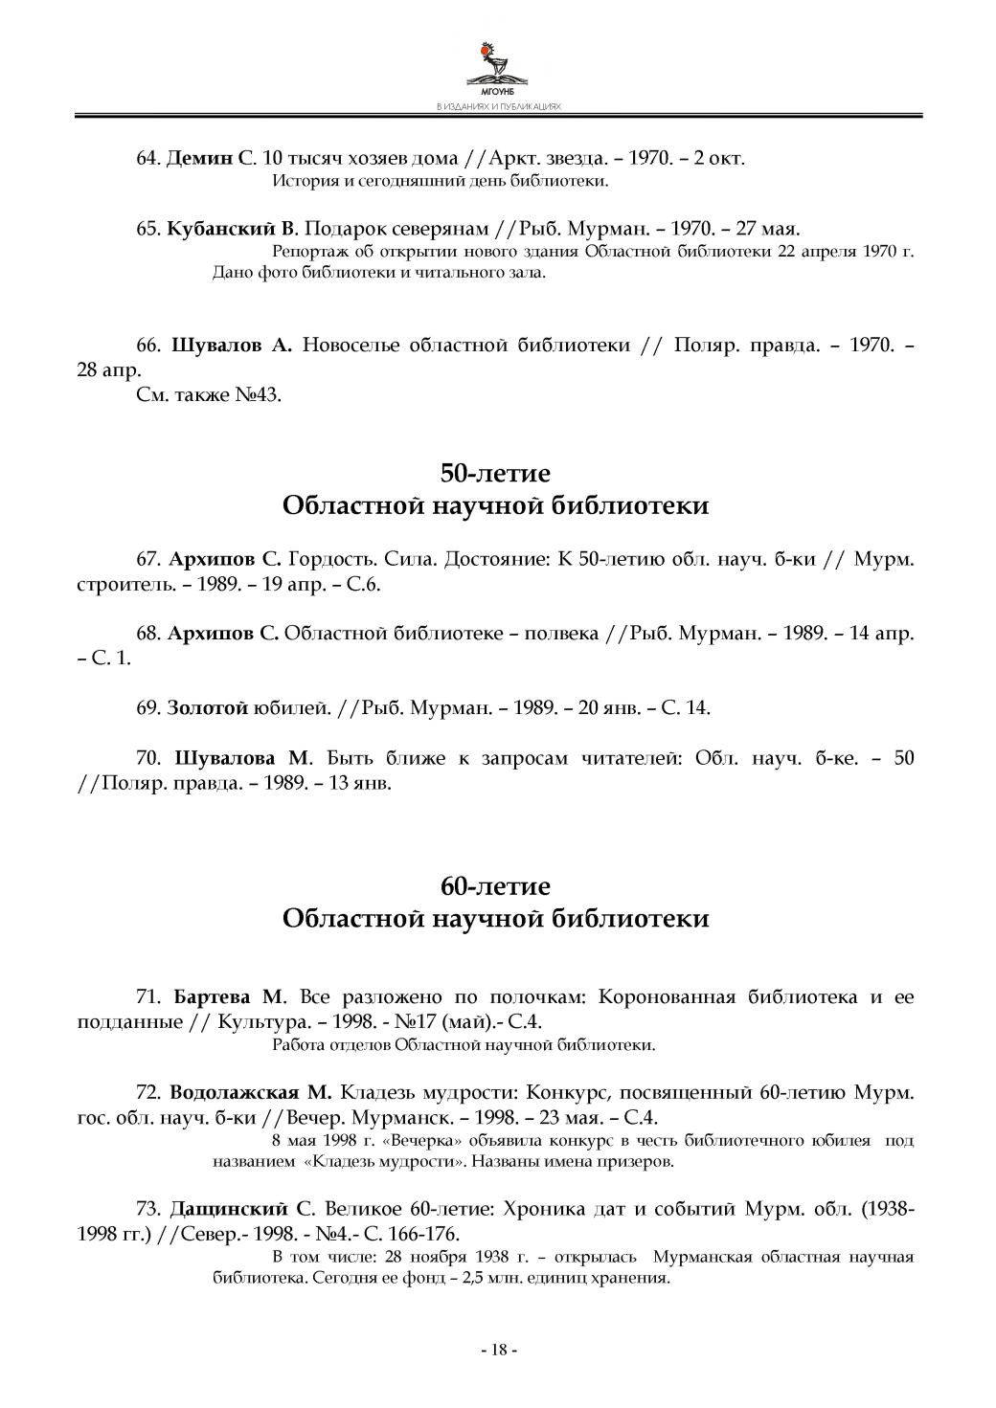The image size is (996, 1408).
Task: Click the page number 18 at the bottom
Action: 498,1350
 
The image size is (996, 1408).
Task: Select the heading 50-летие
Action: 495,473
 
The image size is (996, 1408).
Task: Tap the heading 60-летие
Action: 495,885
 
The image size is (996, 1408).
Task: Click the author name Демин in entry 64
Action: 199,158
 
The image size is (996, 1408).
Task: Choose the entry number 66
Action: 147,346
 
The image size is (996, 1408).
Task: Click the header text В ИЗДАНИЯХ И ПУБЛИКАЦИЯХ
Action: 497,107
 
